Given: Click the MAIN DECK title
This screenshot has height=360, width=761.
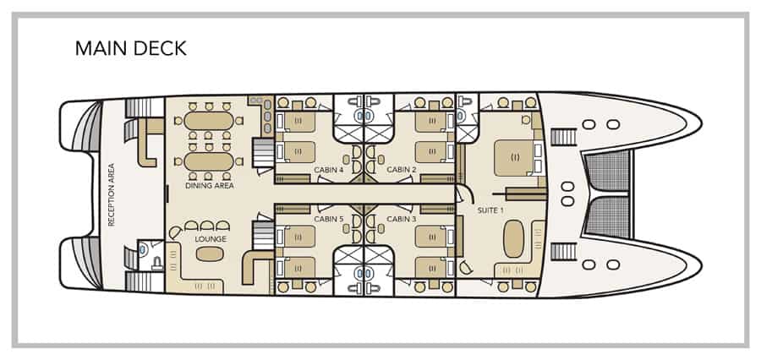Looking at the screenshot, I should point(130,48).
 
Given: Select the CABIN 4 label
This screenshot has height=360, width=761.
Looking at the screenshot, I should point(329,170).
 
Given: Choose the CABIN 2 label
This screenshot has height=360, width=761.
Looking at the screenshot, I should point(402,170).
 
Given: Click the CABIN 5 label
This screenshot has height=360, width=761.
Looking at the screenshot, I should point(329,219).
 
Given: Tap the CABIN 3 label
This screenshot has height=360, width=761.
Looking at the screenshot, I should point(402,219).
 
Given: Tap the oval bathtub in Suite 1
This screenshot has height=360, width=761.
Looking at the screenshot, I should point(514,239).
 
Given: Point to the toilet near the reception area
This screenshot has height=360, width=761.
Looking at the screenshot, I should point(143,251).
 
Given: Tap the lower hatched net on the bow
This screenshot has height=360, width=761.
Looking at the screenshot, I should point(609,217).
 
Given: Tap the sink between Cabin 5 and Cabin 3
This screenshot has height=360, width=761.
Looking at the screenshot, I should point(364,274).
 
